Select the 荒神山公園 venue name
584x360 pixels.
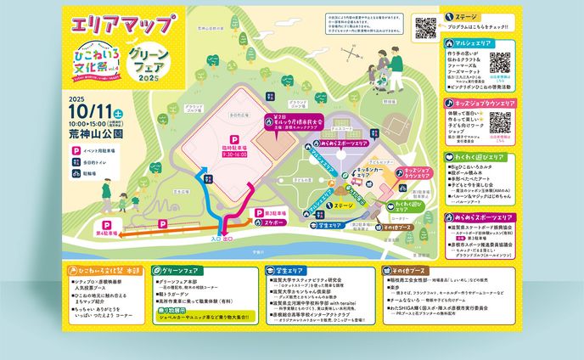[95, 133]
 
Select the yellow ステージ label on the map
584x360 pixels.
[343, 205]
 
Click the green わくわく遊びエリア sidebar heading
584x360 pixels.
[480, 157]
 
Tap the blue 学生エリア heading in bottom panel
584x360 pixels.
[284, 270]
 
